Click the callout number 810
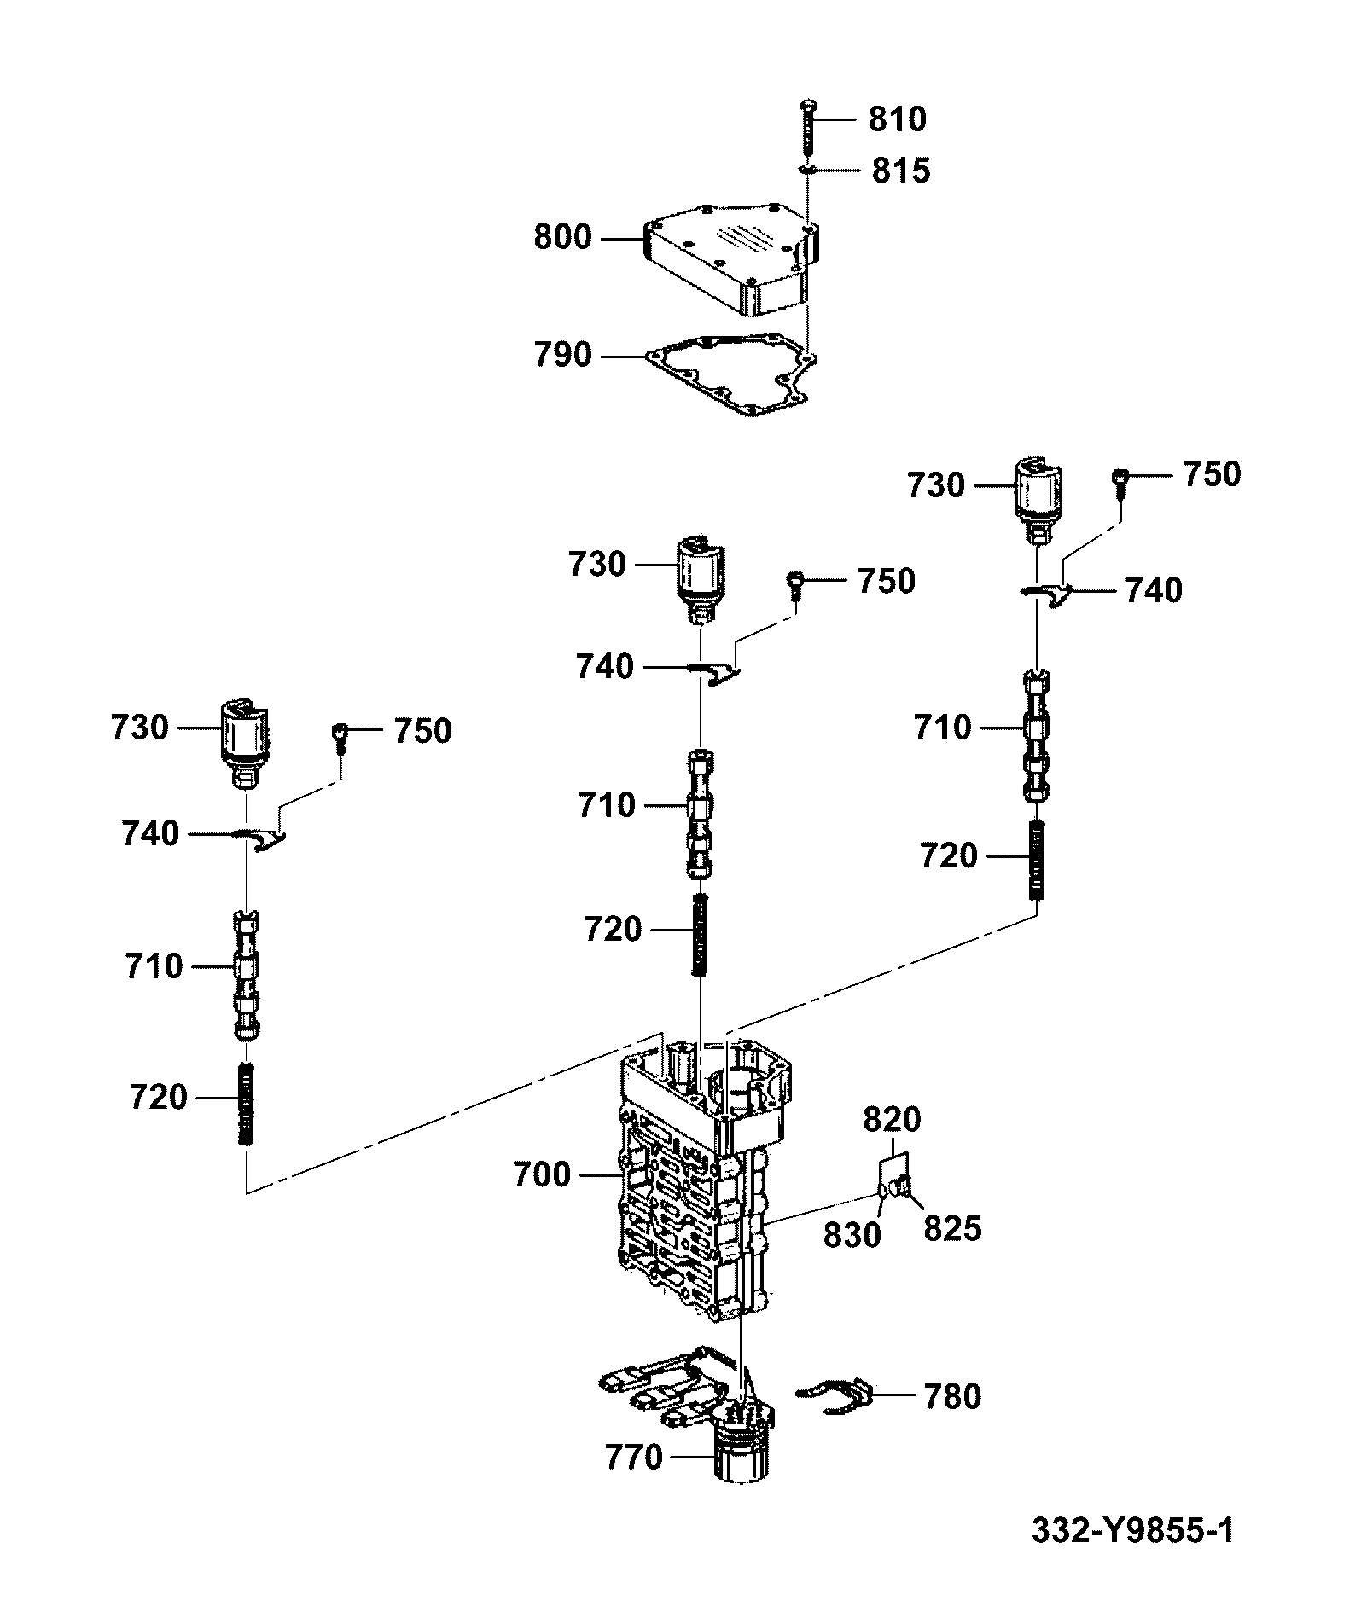point(898,119)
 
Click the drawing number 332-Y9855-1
point(1132,1531)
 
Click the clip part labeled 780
point(836,1397)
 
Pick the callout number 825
point(953,1229)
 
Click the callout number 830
point(852,1235)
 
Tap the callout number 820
point(893,1119)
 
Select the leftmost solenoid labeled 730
point(245,737)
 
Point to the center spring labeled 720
point(701,936)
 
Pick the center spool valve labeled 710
point(701,815)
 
